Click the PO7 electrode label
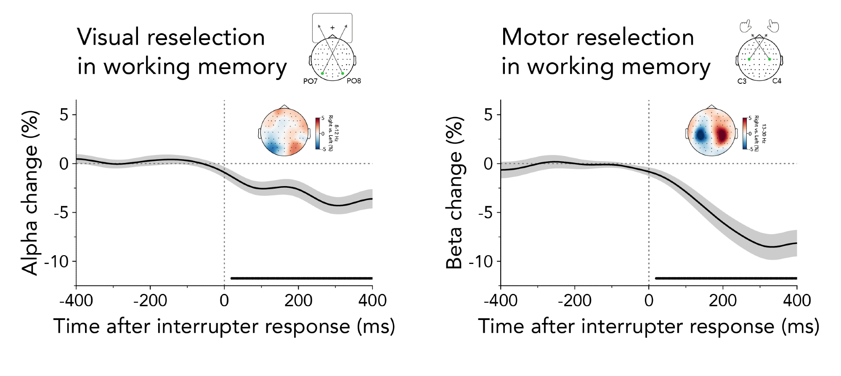coord(310,81)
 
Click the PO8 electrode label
coord(354,80)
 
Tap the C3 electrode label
coord(742,81)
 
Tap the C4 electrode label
coord(777,80)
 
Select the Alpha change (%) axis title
coord(30,193)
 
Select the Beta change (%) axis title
coord(455,193)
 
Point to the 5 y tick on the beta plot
coord(488,115)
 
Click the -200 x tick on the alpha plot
coord(150,301)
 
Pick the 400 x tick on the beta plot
coord(797,301)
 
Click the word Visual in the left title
coord(108,37)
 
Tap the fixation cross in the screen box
coord(332,28)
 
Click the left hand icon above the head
coord(745,27)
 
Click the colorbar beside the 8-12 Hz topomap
coord(318,133)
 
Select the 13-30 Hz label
coord(764,133)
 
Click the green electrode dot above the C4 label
coord(769,59)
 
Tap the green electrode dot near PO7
coord(322,74)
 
